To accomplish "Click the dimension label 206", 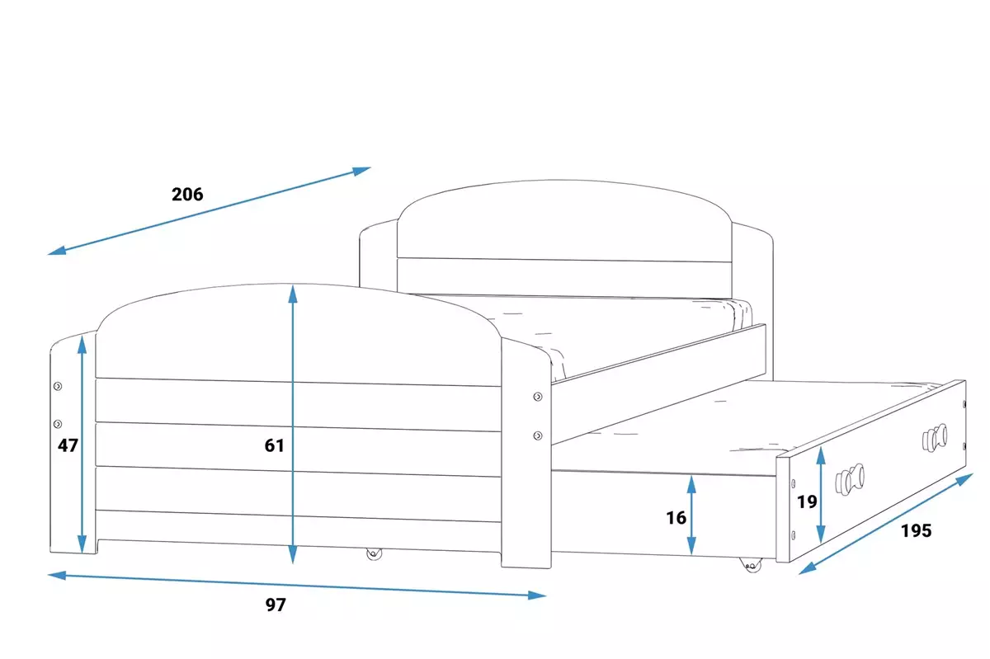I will (x=187, y=195).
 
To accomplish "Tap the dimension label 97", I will (x=276, y=605).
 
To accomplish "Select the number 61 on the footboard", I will (x=275, y=445).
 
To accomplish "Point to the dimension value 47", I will (x=68, y=445).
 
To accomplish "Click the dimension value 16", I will (x=676, y=518).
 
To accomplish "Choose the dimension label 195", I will (x=916, y=531).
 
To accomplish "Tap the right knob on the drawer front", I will (x=935, y=435).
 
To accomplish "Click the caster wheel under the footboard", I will (x=375, y=554).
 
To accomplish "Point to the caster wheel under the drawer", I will (x=750, y=565).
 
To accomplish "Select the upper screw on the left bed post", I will (x=58, y=386).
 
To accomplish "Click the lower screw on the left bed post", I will (x=58, y=424).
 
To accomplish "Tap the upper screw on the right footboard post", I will (x=538, y=398).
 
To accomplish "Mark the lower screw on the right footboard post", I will (x=538, y=435).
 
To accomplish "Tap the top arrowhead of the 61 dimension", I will (x=293, y=294).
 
